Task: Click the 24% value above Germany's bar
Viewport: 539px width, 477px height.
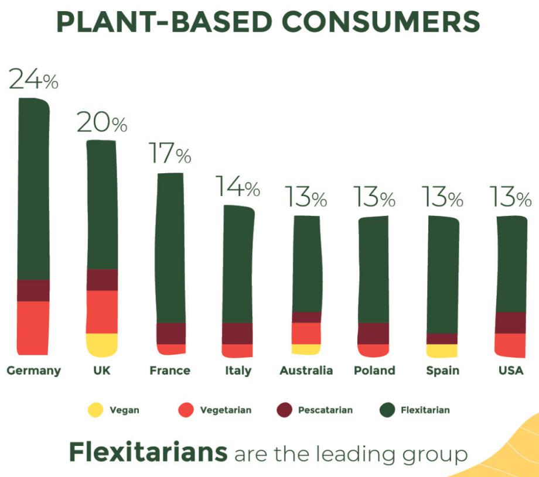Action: pos(33,79)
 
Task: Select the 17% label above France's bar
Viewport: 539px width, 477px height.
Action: pos(170,153)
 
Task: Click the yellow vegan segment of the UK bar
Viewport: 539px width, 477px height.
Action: pos(102,344)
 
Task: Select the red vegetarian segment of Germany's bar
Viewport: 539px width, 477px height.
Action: pos(33,327)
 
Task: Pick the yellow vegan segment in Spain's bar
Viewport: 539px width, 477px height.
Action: pos(442,351)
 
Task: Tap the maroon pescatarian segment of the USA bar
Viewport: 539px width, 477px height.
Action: pos(510,322)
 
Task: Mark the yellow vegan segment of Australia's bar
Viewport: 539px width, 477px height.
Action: pos(306,349)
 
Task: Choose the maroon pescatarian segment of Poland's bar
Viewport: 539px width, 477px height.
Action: pos(373,333)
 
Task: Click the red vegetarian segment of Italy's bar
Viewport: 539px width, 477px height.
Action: pos(237,350)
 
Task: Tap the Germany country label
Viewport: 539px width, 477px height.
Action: pos(33,370)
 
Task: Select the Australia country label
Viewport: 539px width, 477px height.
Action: pos(306,370)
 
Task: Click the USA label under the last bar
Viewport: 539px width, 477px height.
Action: pos(510,370)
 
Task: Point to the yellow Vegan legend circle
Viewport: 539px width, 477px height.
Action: pos(94,410)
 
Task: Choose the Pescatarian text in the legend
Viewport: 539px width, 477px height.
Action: pos(325,410)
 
